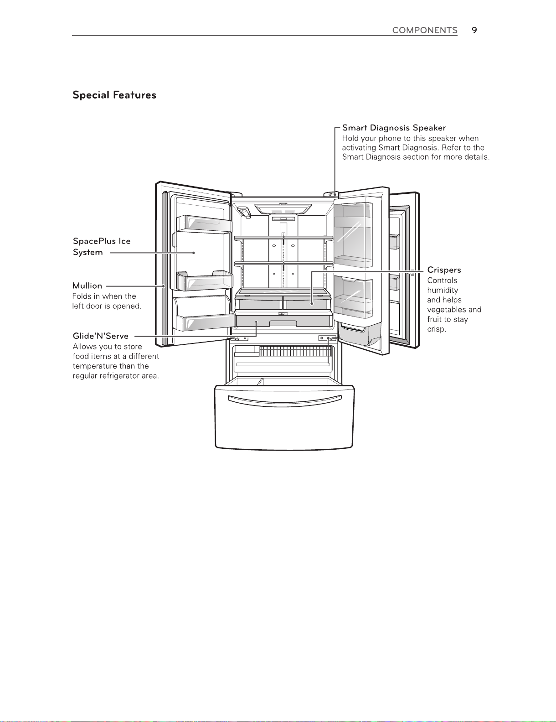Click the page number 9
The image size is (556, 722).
tap(474, 30)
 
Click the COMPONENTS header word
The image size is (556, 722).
tap(424, 30)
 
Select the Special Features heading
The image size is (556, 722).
tap(114, 95)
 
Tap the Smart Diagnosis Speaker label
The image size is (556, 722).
tap(394, 128)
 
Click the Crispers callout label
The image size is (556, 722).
tap(444, 270)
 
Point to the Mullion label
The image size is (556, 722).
tap(87, 286)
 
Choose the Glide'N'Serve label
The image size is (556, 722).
tap(101, 336)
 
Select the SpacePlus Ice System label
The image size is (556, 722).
tap(101, 247)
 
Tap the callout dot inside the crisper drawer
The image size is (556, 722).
tap(312, 303)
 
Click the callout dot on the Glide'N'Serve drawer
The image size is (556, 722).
tap(256, 322)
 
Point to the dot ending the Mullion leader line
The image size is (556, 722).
tap(164, 286)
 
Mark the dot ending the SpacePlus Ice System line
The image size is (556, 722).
tap(194, 253)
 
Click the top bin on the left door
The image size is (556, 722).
tap(204, 223)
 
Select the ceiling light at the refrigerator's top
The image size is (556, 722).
tap(283, 209)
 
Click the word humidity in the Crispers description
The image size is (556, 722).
tap(443, 290)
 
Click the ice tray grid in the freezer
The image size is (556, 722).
tap(294, 351)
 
